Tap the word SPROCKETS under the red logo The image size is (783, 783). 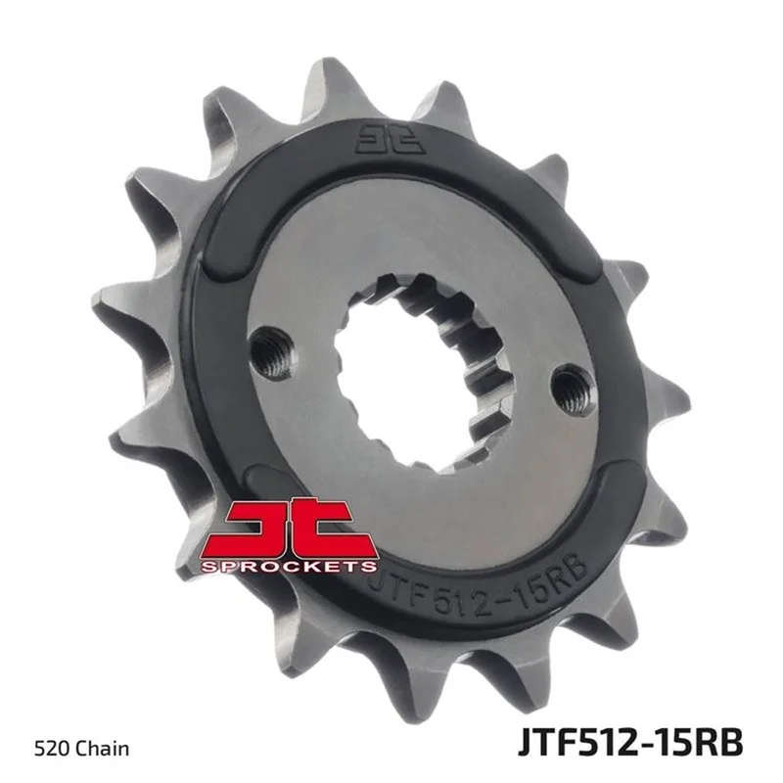pyautogui.click(x=289, y=566)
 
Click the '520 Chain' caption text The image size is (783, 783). pyautogui.click(x=82, y=749)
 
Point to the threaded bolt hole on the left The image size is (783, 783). pyautogui.click(x=273, y=351)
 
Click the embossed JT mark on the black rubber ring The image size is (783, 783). pyautogui.click(x=390, y=139)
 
